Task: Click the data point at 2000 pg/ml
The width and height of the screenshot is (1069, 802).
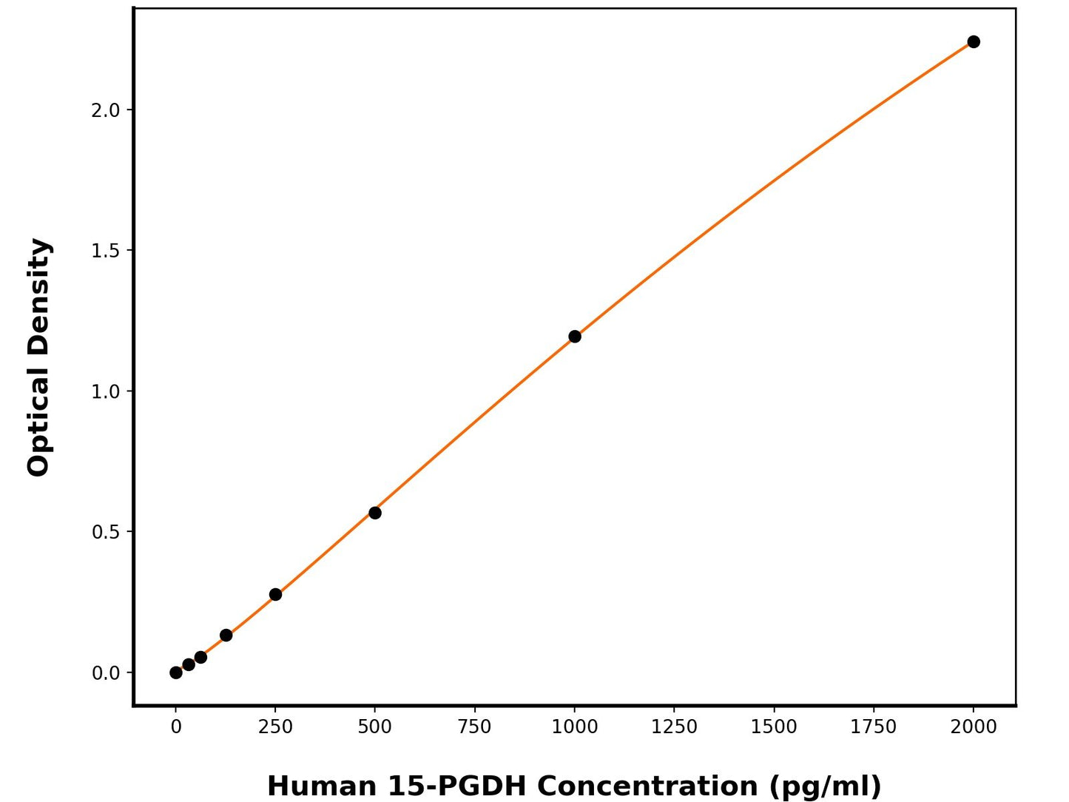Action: pos(974,41)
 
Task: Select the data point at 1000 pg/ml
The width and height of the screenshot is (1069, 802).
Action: pos(575,337)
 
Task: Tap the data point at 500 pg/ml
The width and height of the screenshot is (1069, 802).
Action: pos(375,513)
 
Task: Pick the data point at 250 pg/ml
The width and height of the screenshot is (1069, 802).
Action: pos(275,594)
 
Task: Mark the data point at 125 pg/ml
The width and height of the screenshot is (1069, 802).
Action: pos(226,636)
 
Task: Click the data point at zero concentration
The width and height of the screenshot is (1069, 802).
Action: pos(176,673)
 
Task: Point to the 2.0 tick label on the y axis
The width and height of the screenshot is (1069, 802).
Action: pos(105,110)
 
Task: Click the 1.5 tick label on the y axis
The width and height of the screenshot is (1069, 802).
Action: pos(105,251)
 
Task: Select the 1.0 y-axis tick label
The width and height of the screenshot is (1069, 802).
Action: pos(105,391)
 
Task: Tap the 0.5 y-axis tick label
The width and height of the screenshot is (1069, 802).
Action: pos(105,532)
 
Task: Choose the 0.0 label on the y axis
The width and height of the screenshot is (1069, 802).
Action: pos(105,673)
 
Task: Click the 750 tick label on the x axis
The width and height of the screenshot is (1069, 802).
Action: pos(474,727)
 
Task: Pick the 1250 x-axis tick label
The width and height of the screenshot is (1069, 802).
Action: pos(674,727)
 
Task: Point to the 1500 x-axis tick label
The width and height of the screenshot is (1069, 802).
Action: pos(774,727)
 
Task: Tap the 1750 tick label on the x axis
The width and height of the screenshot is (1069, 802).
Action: pos(874,727)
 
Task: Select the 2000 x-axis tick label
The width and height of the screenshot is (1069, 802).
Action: pos(974,727)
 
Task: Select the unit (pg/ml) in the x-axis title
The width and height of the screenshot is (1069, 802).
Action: pos(825,786)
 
